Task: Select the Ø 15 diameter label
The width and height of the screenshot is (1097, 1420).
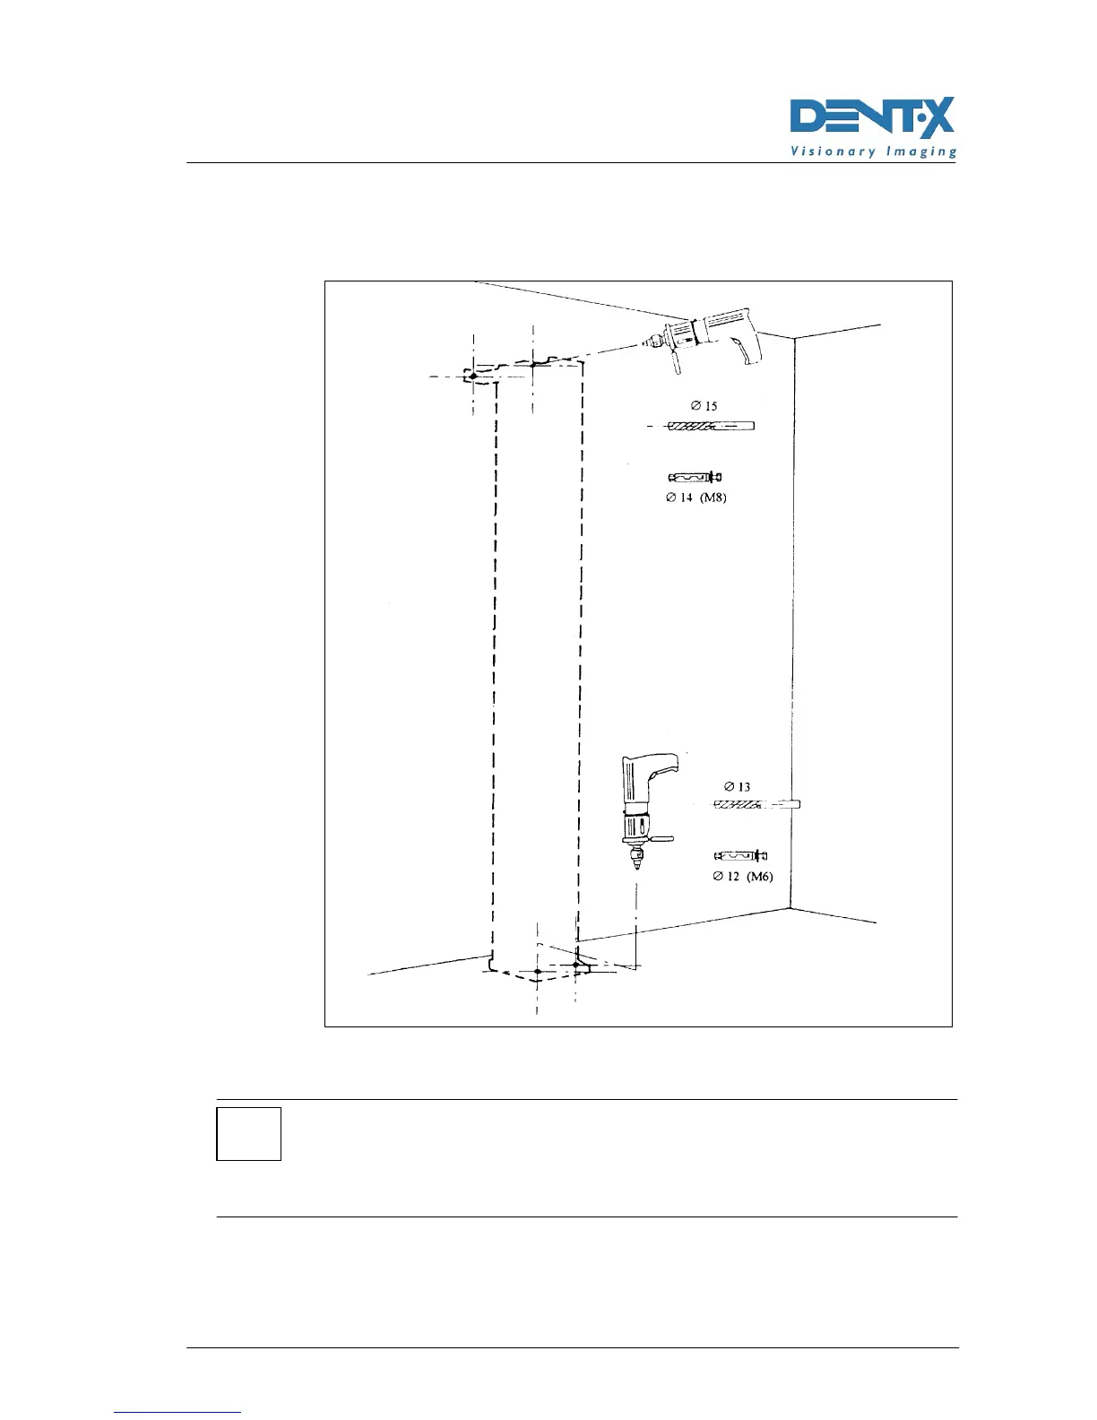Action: click(x=704, y=406)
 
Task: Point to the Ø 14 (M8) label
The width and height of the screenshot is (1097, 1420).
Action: click(x=695, y=498)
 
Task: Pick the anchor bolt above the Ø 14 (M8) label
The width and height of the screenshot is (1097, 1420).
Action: click(x=696, y=477)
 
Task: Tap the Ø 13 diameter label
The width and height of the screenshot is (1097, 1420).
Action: click(x=737, y=787)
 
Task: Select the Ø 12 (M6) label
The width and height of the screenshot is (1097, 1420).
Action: click(x=742, y=877)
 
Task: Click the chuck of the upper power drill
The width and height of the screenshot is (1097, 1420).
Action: click(x=654, y=341)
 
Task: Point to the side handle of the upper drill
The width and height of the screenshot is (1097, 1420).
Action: click(x=672, y=362)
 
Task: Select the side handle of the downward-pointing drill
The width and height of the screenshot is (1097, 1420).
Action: click(x=661, y=840)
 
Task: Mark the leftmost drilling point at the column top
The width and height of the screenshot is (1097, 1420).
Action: click(x=473, y=377)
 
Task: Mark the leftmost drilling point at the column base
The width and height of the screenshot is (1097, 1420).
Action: click(x=537, y=972)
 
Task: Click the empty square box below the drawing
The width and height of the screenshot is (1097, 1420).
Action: click(x=249, y=1134)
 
